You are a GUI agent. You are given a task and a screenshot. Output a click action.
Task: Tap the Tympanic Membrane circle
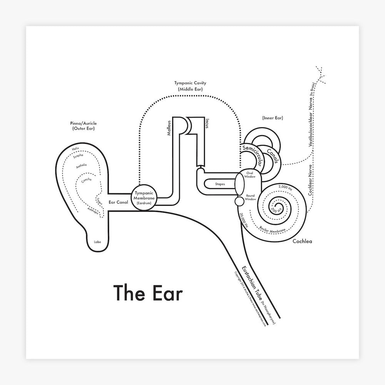coord(145,198)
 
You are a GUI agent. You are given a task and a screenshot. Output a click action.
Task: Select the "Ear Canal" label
coord(119,202)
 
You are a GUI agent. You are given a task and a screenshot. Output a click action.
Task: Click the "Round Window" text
coord(250,198)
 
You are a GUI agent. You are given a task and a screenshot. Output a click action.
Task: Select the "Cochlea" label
coord(302,242)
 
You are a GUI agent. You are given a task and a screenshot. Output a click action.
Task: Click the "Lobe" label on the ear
coord(97,242)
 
